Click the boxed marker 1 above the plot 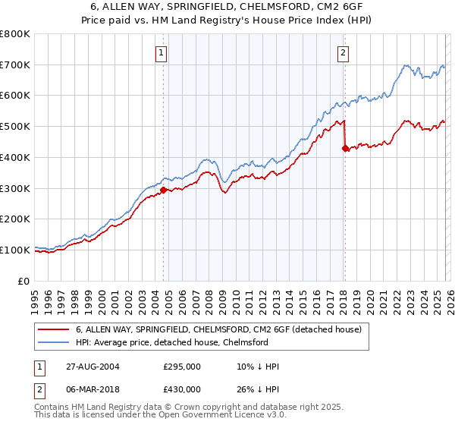tap(163, 52)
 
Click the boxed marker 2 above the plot tap(344, 52)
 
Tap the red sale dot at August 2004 tap(164, 190)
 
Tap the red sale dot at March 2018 tap(345, 148)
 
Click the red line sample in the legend tap(54, 329)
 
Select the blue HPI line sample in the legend tap(54, 342)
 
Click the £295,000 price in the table tap(182, 367)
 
